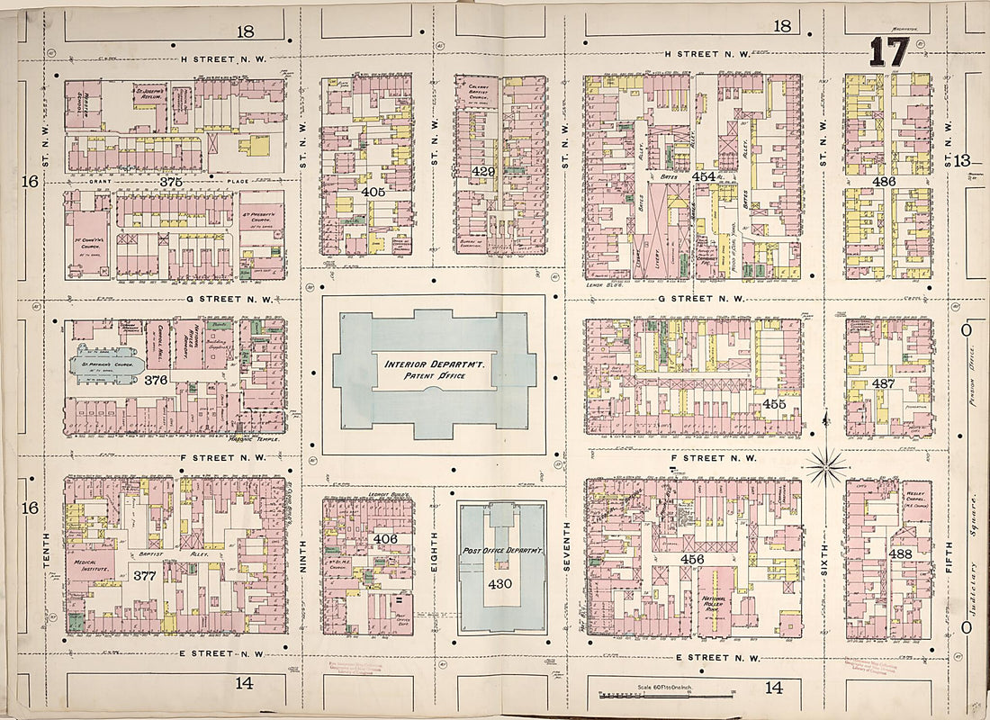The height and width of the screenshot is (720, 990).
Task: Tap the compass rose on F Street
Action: tap(825, 466)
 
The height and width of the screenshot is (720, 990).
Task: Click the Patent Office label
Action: tap(436, 375)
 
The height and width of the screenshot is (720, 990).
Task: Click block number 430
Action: tap(500, 583)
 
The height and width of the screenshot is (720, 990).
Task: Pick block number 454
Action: tap(703, 177)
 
